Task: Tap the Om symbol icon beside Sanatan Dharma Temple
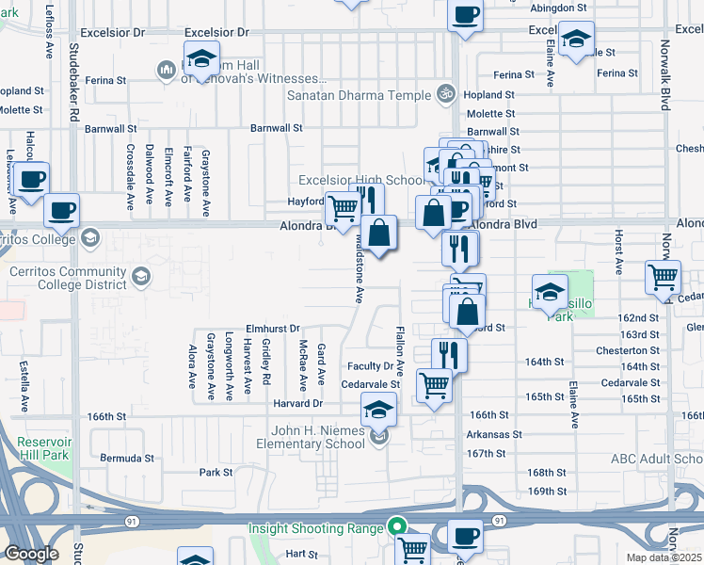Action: [x=447, y=94]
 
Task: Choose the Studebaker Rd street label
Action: [x=72, y=86]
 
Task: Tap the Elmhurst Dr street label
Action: [x=272, y=329]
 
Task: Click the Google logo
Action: [x=31, y=554]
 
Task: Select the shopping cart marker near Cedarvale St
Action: [x=434, y=384]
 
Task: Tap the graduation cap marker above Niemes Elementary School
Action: [x=378, y=409]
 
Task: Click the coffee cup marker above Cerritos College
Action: [x=62, y=211]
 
